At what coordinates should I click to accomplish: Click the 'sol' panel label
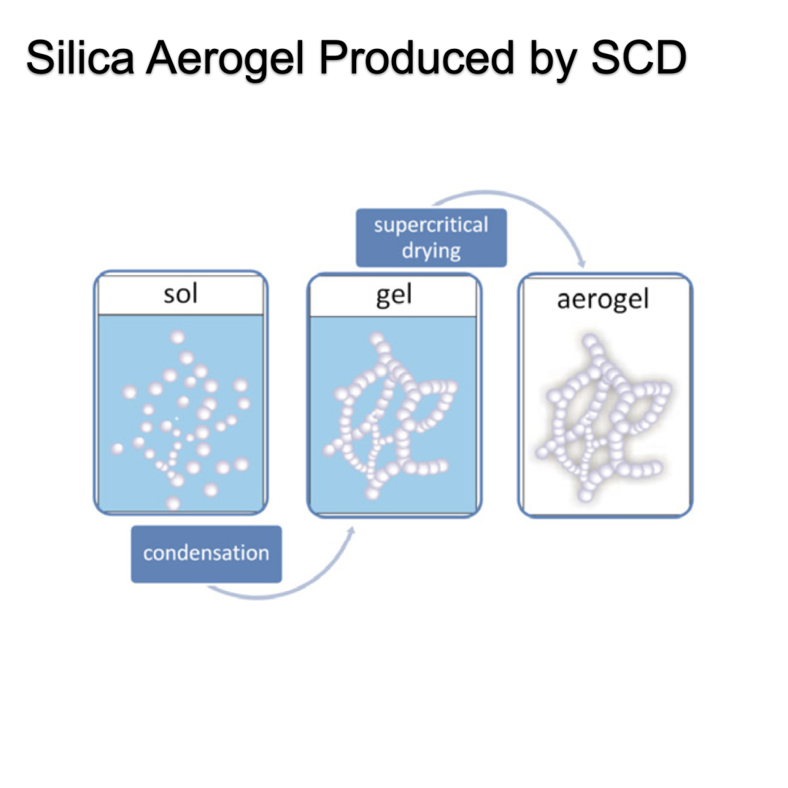180,296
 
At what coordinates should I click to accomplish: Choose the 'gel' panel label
393,297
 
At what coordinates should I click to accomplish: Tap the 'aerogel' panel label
603,300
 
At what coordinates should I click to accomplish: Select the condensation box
206,554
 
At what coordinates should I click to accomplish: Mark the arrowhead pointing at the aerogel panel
582,262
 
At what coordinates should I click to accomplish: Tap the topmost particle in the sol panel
177,337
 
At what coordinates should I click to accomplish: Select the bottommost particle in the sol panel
174,503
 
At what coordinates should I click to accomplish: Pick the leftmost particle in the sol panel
117,448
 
